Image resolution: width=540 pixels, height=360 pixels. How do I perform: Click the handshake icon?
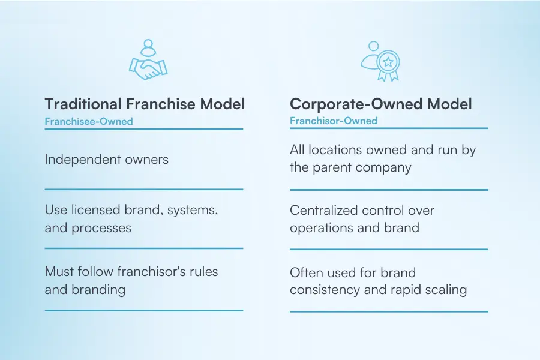point(148,68)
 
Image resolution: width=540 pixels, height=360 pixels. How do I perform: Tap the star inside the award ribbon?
point(388,62)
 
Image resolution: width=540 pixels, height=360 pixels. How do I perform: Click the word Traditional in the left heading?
point(83,104)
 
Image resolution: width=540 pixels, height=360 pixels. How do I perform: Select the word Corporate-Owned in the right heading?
point(356,104)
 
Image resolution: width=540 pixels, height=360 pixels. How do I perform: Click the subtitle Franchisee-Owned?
point(89,121)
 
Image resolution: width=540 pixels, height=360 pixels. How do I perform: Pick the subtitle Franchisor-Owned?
point(334,121)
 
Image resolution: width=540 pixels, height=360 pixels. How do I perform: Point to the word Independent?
point(83,160)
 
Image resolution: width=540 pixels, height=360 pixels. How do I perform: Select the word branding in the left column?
point(98,290)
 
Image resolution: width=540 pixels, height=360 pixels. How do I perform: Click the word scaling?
point(446,290)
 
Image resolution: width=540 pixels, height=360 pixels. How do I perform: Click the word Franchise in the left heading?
point(160,104)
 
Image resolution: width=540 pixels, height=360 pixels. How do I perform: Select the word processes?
point(101,228)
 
